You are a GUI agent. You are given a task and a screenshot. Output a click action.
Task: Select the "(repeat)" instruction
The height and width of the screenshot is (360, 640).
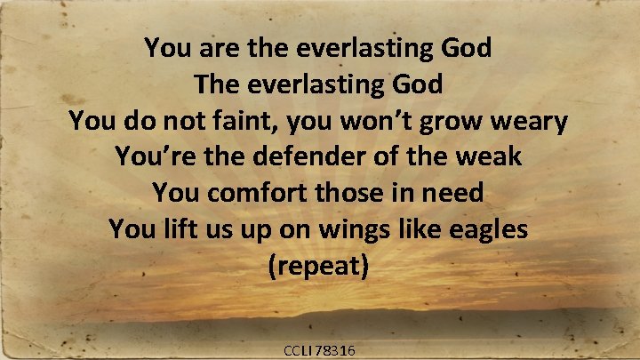point(318,266)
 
